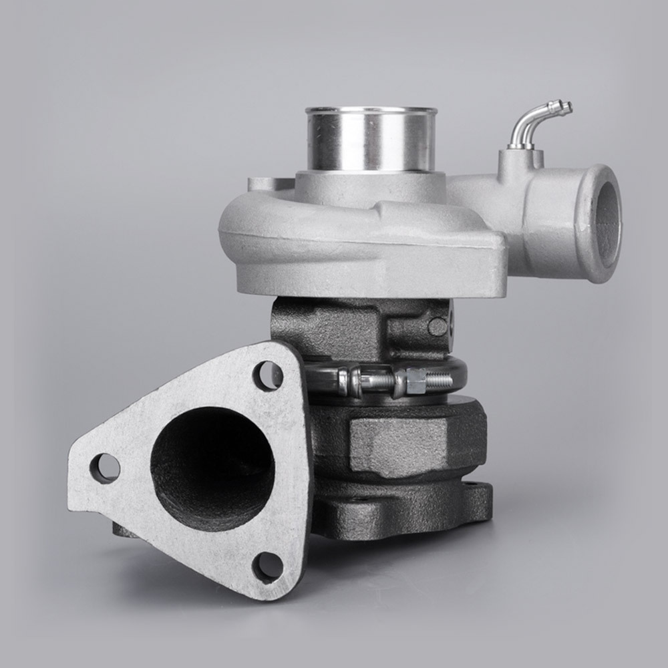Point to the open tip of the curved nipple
(x=568, y=106)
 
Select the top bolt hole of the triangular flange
(x=267, y=375)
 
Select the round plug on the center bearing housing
(x=438, y=326)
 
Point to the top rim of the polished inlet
(x=371, y=111)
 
